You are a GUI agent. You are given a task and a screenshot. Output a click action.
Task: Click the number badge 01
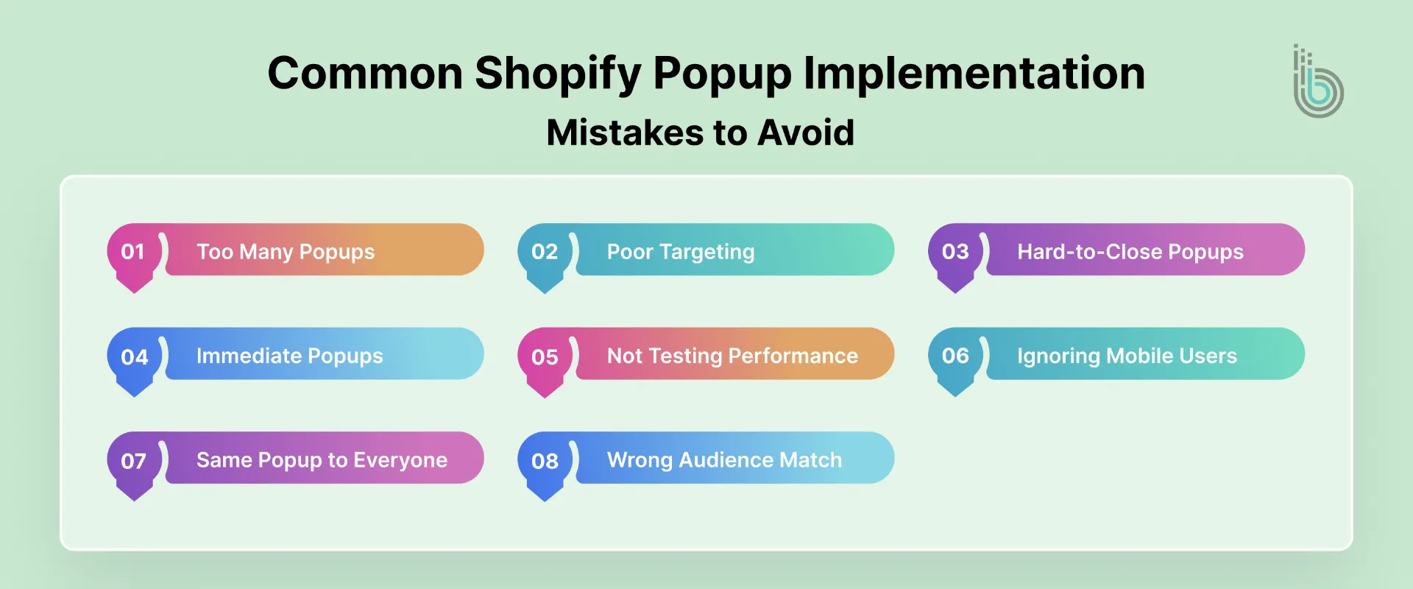133,253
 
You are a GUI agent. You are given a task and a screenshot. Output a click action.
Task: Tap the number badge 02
545,253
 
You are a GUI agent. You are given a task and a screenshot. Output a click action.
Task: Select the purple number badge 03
955,253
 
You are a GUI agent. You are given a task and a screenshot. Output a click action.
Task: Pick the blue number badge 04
134,357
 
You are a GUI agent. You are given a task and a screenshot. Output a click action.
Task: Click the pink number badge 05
545,357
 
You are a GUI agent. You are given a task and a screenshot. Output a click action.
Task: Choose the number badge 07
134,462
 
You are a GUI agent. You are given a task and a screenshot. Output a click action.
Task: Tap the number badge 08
545,462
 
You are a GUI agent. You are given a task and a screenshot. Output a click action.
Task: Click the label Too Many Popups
286,252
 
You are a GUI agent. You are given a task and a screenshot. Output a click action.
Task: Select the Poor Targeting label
681,252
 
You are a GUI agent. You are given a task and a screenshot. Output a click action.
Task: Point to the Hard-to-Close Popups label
1130,252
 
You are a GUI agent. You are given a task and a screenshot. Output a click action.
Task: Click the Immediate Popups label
289,356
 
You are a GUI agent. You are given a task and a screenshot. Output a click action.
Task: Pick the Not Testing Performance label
732,356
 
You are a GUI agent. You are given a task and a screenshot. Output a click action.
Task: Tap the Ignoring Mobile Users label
1127,356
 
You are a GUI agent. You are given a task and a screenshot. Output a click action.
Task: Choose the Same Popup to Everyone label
322,460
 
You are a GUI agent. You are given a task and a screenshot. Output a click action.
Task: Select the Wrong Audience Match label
724,460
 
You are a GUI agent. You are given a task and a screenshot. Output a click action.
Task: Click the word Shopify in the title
558,74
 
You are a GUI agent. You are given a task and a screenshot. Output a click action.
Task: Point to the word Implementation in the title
974,74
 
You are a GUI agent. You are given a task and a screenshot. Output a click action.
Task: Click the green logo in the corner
1318,82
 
